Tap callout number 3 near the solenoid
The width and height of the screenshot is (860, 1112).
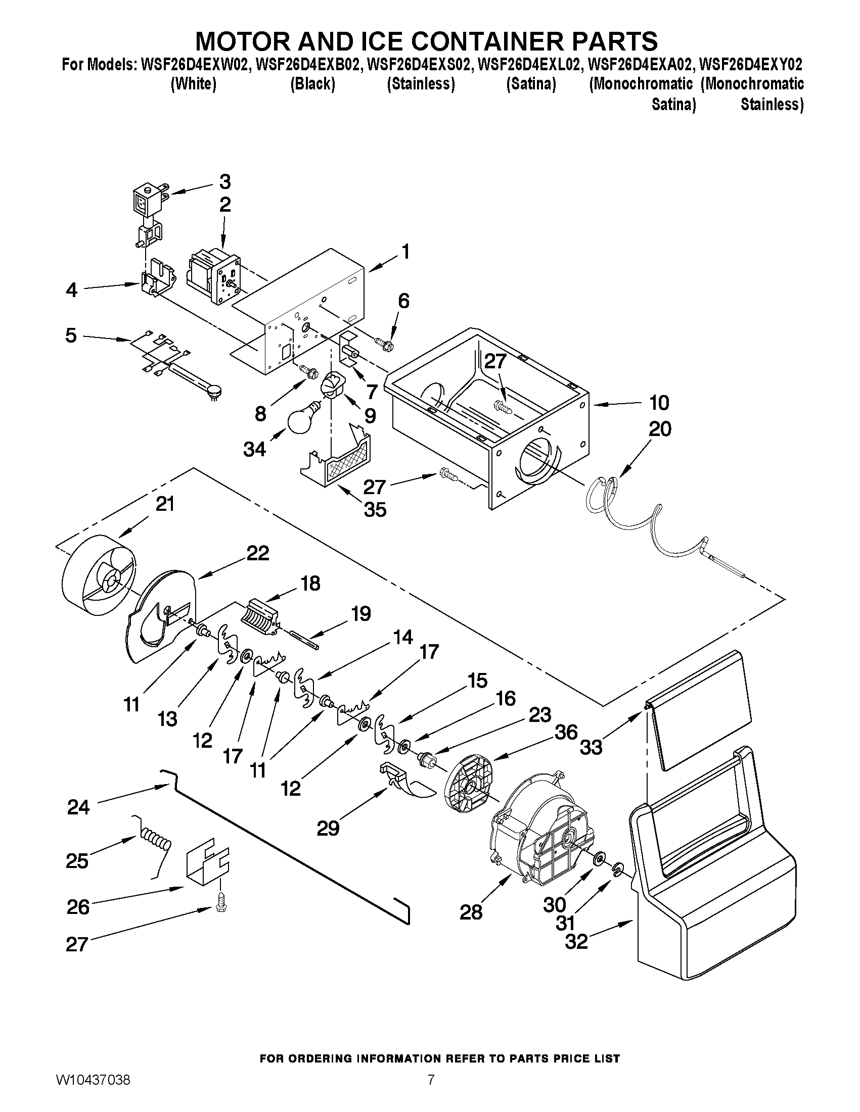click(x=224, y=182)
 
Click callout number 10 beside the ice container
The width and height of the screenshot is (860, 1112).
click(x=659, y=403)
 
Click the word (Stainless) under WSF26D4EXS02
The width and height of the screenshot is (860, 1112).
click(x=420, y=84)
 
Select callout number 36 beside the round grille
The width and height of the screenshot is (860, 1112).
click(x=566, y=732)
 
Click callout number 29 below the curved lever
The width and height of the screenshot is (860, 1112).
click(x=328, y=829)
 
